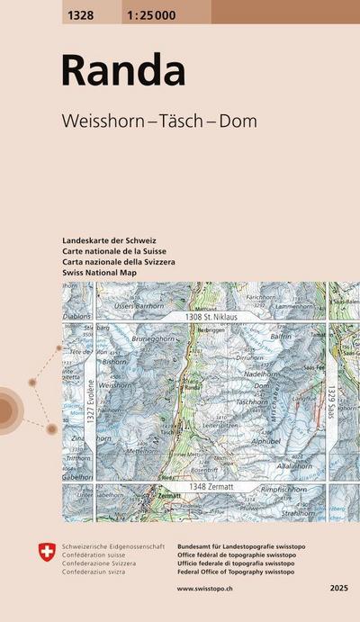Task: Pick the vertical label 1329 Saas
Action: tap(330, 397)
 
